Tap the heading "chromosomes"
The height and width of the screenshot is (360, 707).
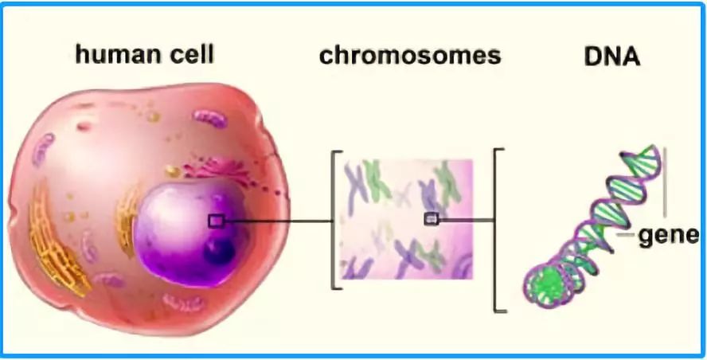(410, 56)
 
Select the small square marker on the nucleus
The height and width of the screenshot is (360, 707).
(215, 221)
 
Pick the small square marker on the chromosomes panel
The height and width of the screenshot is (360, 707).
(430, 218)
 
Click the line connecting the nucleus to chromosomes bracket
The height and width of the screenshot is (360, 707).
(275, 221)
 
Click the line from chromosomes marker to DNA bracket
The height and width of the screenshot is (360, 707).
(466, 218)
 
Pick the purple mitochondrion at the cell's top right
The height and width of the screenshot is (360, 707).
(209, 120)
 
